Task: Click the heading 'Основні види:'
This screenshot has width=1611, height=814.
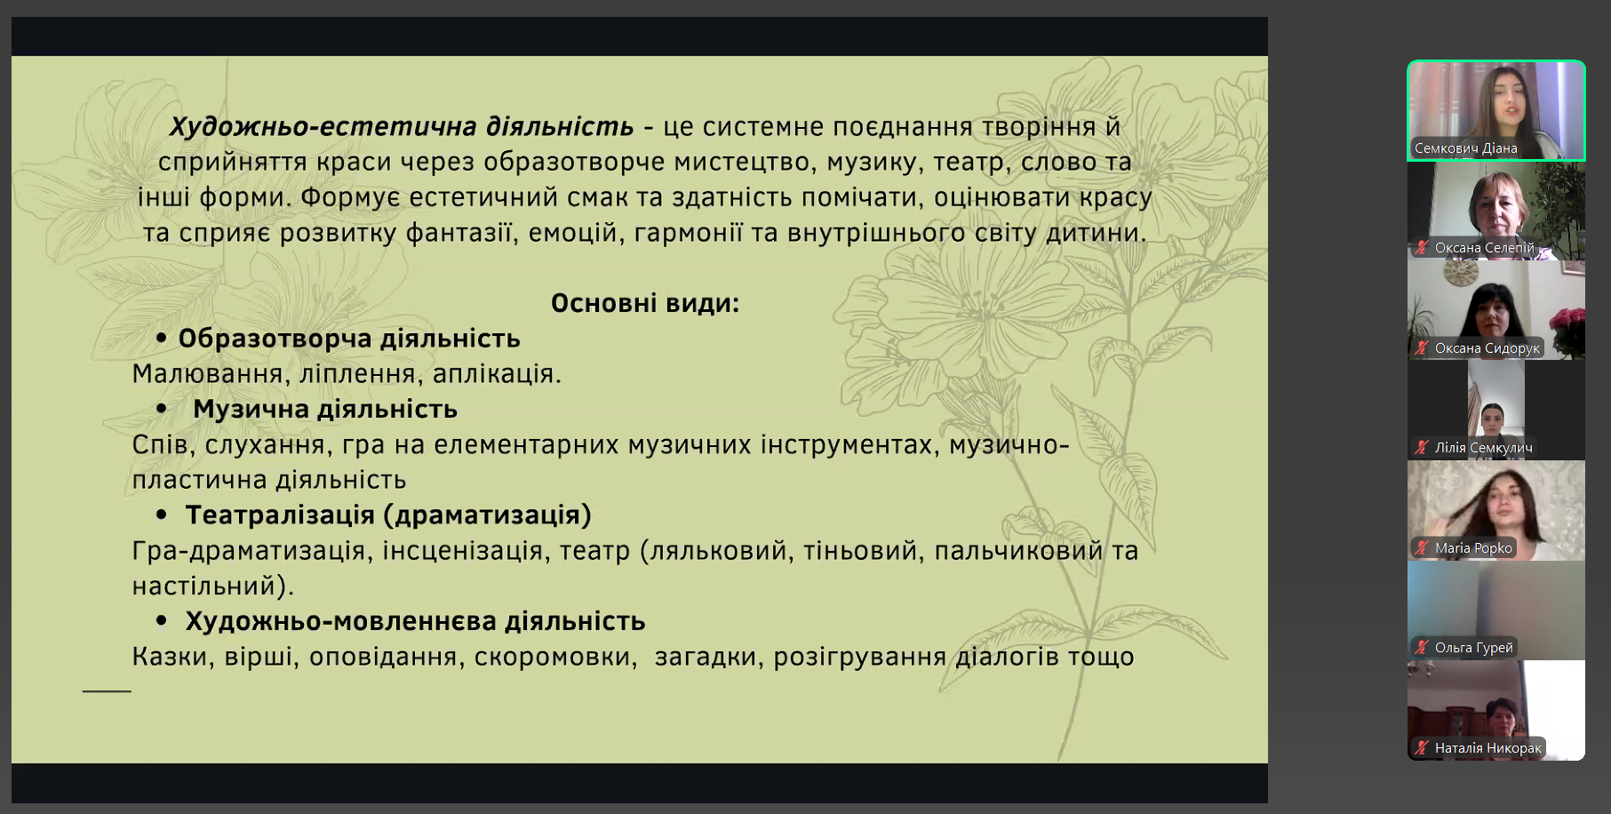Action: point(645,303)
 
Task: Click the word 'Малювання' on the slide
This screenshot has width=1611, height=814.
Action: point(207,374)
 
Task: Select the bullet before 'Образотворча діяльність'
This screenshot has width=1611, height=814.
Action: point(162,338)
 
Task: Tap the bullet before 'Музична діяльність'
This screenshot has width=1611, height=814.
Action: point(162,409)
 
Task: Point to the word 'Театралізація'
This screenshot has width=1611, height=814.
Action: point(280,515)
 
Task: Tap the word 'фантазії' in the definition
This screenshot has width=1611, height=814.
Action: point(462,233)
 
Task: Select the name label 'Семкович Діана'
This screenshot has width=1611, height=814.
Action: point(1465,148)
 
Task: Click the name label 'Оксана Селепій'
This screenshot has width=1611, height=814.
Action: point(1484,248)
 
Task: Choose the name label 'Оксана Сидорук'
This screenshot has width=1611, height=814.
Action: point(1487,348)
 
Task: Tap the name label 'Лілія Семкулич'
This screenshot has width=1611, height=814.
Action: point(1483,448)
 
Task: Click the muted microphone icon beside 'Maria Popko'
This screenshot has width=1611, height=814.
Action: point(1422,548)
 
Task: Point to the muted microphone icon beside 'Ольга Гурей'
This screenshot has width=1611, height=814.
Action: point(1422,648)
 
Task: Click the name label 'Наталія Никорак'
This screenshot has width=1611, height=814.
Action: point(1487,748)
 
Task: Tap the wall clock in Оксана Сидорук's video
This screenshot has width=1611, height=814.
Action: point(1459,275)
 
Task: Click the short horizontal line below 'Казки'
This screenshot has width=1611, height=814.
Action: point(107,690)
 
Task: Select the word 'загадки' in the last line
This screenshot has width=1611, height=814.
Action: point(706,657)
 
